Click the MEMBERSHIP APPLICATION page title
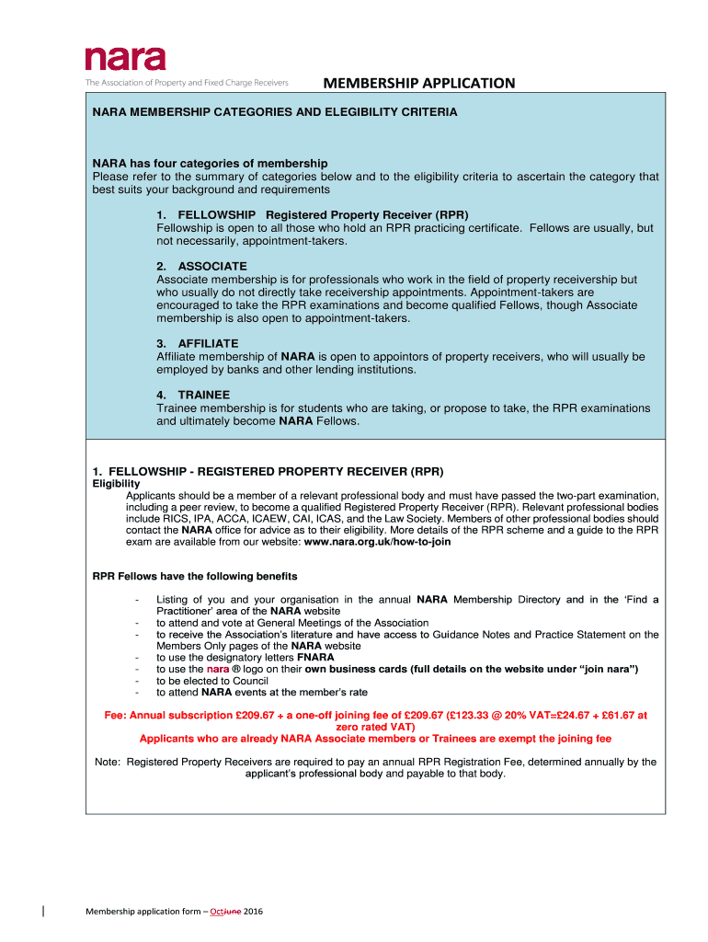(x=418, y=84)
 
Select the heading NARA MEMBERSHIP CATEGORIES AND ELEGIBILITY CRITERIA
(x=273, y=112)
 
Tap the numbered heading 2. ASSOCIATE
(x=201, y=266)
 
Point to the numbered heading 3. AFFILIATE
(x=198, y=343)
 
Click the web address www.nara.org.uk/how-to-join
(x=377, y=542)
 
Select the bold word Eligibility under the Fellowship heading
(x=117, y=483)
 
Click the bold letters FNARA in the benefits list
(x=315, y=657)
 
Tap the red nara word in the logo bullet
(x=217, y=669)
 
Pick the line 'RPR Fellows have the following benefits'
(x=195, y=577)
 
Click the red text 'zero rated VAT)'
(x=376, y=726)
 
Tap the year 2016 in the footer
(x=253, y=911)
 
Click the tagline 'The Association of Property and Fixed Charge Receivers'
(x=188, y=83)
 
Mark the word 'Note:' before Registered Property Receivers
(x=108, y=762)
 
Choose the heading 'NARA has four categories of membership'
(x=210, y=164)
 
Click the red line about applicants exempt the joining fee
(x=375, y=738)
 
